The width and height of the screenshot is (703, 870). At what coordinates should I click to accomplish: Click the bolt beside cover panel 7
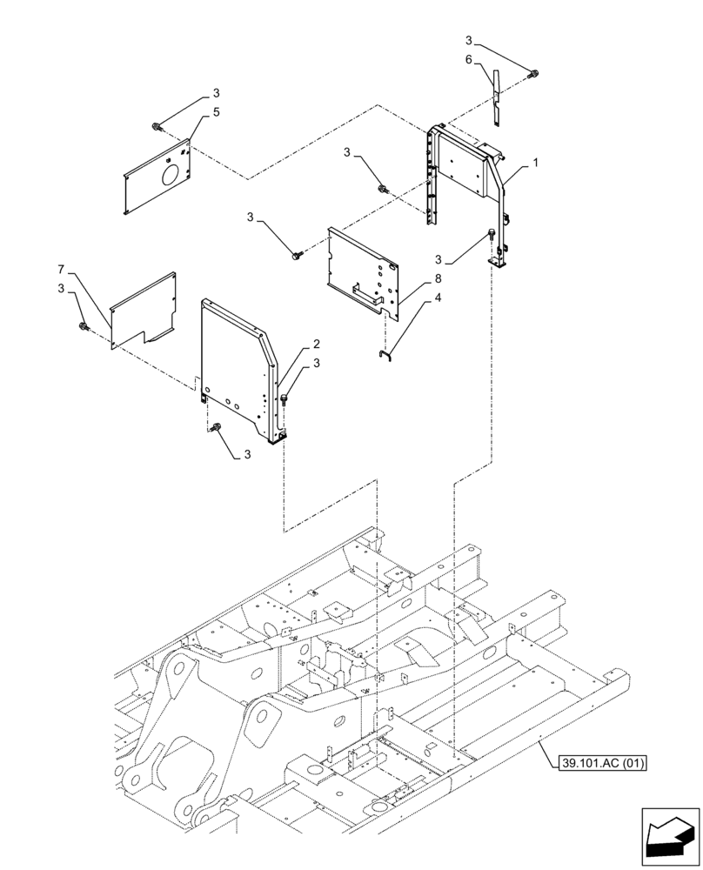(x=84, y=325)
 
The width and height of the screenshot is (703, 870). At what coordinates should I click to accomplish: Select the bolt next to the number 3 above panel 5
(x=157, y=128)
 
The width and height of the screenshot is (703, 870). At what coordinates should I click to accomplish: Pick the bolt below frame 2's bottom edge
(x=218, y=426)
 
